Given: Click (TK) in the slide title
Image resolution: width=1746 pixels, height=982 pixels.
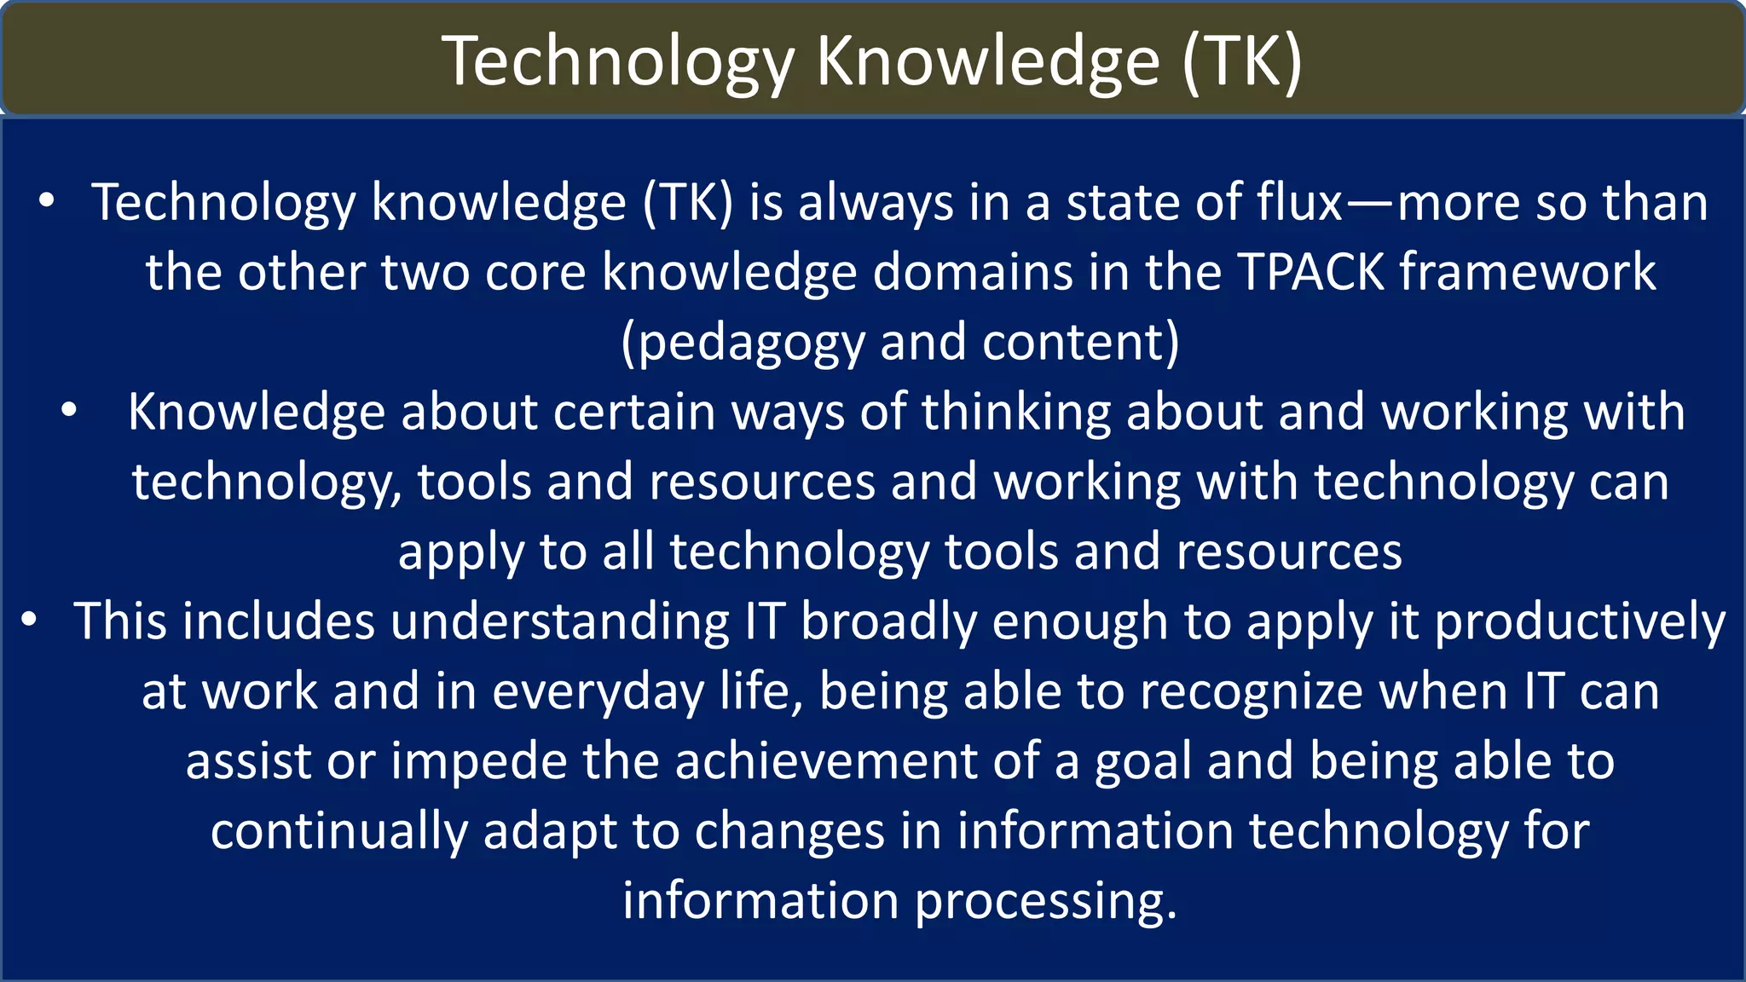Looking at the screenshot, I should click(x=1242, y=61).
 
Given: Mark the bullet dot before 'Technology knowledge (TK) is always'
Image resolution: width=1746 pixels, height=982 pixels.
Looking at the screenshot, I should click(x=47, y=201).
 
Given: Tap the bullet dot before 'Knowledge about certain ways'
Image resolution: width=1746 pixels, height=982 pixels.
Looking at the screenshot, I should click(x=69, y=411).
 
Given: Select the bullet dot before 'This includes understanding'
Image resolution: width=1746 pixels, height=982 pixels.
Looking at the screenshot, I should click(x=29, y=620).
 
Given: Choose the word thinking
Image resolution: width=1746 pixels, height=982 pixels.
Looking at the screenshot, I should click(x=1015, y=413).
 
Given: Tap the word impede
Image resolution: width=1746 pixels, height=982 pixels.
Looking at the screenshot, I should click(x=478, y=762).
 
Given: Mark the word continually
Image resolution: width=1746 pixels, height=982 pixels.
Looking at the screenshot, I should click(x=338, y=832).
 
